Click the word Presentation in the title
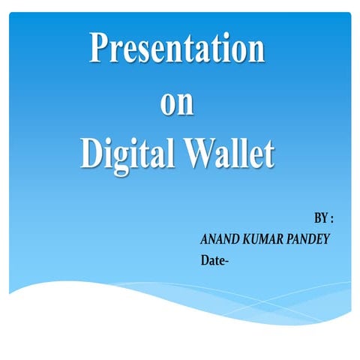click(177, 49)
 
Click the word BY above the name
click(320, 219)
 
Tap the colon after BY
click(331, 220)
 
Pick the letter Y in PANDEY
click(326, 240)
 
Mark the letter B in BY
click(317, 219)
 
